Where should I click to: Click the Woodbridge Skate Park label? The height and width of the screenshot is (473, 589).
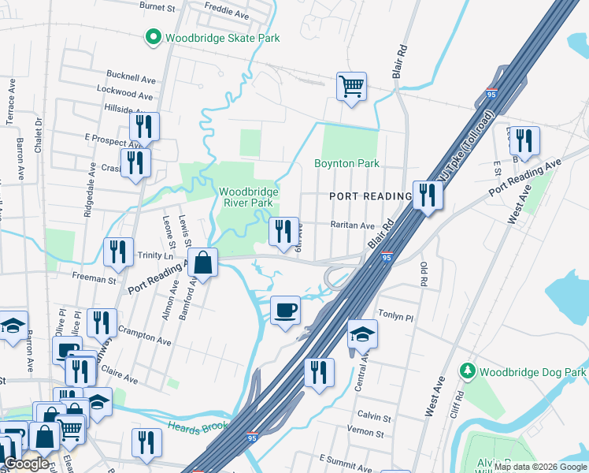[x=222, y=38]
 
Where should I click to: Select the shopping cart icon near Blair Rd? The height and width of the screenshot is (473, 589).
[x=351, y=86]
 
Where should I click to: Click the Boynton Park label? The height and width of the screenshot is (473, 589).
[x=347, y=164]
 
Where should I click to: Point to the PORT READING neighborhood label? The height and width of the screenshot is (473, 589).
[x=370, y=196]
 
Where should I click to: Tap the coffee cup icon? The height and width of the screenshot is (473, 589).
[x=285, y=309]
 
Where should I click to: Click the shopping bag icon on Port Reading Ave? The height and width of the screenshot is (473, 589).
[x=203, y=263]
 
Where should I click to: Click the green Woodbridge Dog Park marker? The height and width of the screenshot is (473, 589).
[x=468, y=371]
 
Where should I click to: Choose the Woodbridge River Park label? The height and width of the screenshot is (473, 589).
[x=246, y=197]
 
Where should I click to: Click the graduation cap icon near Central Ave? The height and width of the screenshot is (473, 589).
[x=362, y=334]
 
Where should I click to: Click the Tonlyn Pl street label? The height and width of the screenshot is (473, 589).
[x=397, y=317]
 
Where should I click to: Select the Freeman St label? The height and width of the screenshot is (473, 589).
[x=94, y=279]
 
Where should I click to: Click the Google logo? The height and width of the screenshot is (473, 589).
[x=26, y=464]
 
